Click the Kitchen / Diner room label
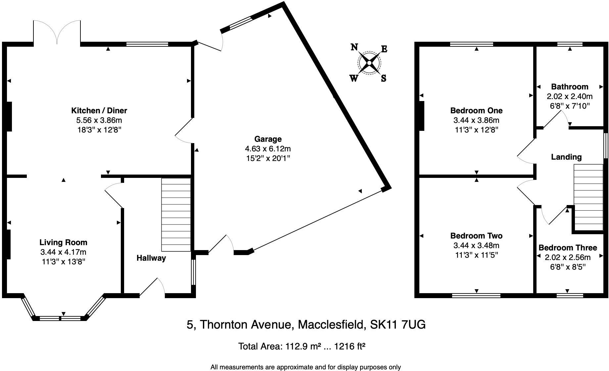coord(99,111)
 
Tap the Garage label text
coord(268,139)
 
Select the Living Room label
coord(63,242)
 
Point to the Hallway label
coord(151,258)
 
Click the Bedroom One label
coord(476,111)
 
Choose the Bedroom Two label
coord(476,236)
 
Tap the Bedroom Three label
coord(568,248)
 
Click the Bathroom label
coord(570,87)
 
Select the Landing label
coord(566,157)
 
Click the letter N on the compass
coord(354,47)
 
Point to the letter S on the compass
coord(384,79)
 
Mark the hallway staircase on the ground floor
coord(176,215)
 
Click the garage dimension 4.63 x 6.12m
coord(268,149)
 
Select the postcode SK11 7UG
coord(398,325)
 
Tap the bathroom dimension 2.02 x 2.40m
coord(570,96)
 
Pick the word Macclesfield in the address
coord(332,325)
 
